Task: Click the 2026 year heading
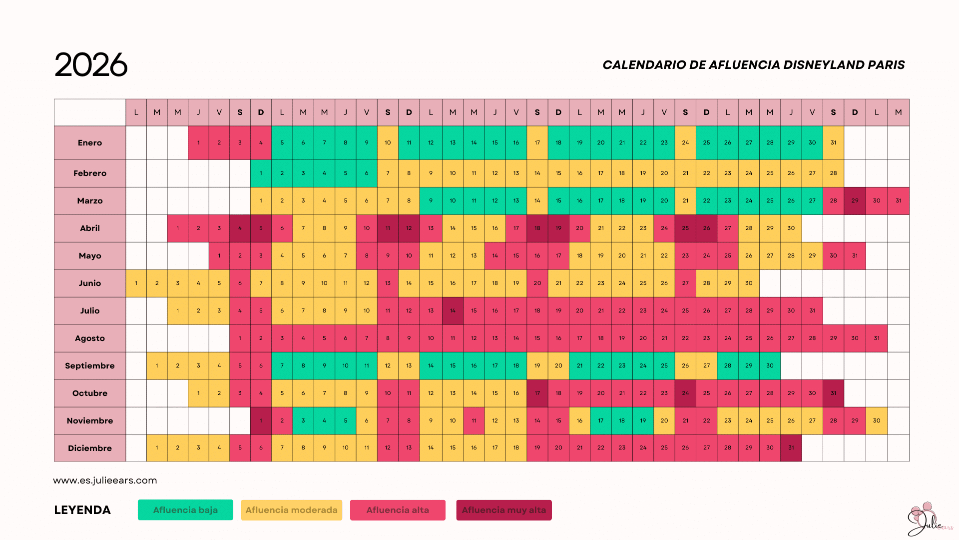[x=91, y=65]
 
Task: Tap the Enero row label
[x=90, y=143]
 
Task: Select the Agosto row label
[x=90, y=338]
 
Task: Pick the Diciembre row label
[x=90, y=448]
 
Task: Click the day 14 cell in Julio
[x=453, y=311]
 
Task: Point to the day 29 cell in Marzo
[x=855, y=201]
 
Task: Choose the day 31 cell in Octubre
[x=833, y=393]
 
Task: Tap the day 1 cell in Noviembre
[x=261, y=421]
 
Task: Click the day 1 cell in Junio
[x=136, y=283]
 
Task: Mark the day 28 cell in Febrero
[x=833, y=173]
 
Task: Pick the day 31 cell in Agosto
[x=877, y=338]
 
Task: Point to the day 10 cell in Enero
[x=388, y=143]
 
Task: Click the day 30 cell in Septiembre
[x=770, y=366]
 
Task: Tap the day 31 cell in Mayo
[x=855, y=256]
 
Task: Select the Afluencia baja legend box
[x=185, y=510]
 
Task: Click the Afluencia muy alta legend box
[x=503, y=510]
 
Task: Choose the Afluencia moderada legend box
[x=291, y=510]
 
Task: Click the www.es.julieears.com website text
[x=105, y=480]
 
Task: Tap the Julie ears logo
[x=928, y=520]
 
